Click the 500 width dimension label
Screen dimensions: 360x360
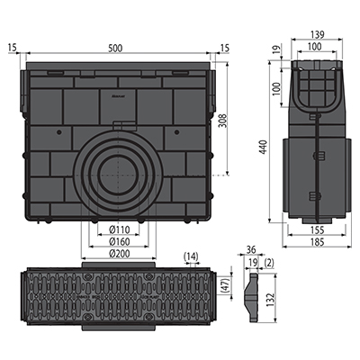pos(115,49)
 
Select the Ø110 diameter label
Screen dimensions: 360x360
pos(119,229)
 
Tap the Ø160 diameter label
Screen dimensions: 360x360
pos(119,241)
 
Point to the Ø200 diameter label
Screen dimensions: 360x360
pos(119,254)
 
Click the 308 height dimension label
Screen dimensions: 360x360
pos(223,121)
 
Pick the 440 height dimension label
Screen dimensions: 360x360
pos(263,147)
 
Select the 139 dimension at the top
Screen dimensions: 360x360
pos(318,35)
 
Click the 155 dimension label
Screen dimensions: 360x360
pos(317,230)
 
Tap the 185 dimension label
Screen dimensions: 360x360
pos(317,242)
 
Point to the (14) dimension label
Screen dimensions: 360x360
pos(191,256)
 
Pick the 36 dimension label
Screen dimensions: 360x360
pos(251,249)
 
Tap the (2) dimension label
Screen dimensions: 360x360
pos(269,263)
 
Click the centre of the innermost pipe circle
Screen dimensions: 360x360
pos(119,175)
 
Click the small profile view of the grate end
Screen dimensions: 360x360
pos(252,298)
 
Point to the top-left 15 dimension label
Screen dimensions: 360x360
pos(13,48)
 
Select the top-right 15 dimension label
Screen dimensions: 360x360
pos(224,48)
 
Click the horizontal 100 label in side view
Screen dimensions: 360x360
pos(315,47)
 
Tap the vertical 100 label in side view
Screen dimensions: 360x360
pos(276,88)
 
